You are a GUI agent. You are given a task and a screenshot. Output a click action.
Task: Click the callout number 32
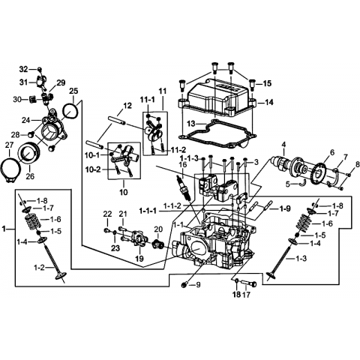(x=23, y=69)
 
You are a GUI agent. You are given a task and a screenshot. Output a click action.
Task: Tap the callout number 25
(x=73, y=91)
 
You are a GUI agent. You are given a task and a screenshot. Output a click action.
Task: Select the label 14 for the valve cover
(x=269, y=102)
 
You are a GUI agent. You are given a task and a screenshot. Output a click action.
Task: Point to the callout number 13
(x=190, y=124)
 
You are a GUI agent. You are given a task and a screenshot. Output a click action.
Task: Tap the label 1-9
(x=285, y=208)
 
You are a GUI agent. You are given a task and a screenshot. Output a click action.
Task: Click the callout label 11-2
(x=178, y=150)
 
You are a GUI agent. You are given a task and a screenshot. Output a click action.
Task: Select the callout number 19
(x=139, y=259)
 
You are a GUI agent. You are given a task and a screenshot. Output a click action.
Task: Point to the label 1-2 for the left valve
(x=39, y=268)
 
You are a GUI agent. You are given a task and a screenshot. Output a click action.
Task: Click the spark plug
(x=184, y=187)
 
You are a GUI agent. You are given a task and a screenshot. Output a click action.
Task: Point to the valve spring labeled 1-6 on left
(x=32, y=220)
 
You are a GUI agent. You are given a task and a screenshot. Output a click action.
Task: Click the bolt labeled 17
(x=249, y=283)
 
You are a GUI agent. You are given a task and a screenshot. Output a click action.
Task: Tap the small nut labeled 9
(x=184, y=284)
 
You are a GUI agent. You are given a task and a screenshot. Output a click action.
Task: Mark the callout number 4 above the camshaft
(x=283, y=144)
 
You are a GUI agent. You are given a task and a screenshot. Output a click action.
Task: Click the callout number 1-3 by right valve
(x=301, y=258)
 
